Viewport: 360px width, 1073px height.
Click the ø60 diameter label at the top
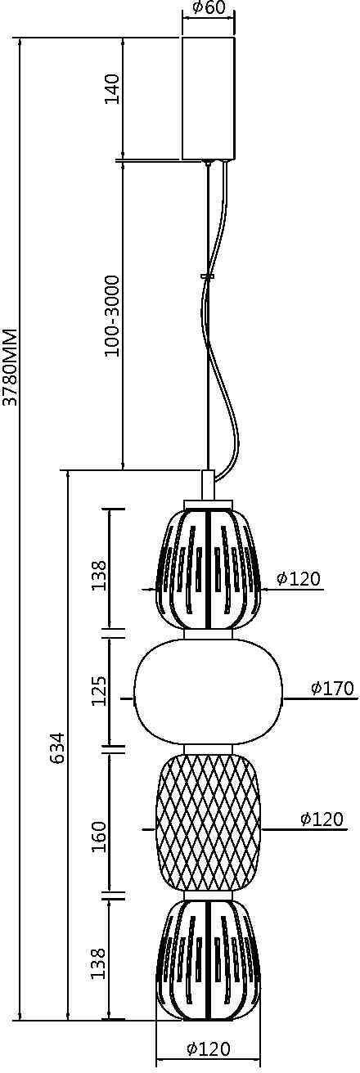209,9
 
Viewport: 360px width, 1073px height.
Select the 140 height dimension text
112,88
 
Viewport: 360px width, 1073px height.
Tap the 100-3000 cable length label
112,317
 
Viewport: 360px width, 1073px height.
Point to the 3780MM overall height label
10,367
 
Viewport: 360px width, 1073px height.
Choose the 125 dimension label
99,690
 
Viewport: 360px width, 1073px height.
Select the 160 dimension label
99,837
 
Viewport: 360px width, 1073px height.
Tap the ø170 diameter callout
332,689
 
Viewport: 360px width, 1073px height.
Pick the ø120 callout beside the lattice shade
322,819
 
